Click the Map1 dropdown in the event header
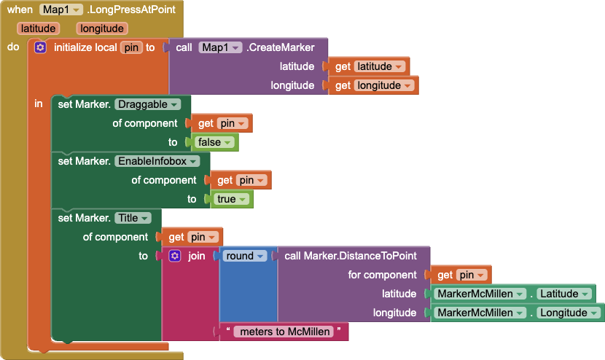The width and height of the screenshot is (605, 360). [61, 9]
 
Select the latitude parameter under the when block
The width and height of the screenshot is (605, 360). [38, 28]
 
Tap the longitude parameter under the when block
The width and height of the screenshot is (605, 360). [102, 28]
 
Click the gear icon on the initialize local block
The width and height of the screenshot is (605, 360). [40, 47]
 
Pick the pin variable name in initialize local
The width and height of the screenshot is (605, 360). [131, 47]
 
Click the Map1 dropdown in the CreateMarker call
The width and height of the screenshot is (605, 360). [220, 47]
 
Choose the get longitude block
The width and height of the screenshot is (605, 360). [373, 85]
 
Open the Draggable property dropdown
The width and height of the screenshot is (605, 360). [147, 104]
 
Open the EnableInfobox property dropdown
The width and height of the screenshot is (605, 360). [157, 161]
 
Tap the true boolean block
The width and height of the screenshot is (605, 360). [232, 199]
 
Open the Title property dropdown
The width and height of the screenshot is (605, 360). [133, 218]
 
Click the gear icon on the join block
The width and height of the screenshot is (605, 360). [175, 256]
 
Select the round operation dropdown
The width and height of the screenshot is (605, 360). [245, 256]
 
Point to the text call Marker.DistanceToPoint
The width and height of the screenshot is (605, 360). [351, 256]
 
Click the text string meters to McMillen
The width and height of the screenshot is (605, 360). [285, 332]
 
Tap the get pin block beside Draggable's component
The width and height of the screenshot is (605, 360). [222, 123]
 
